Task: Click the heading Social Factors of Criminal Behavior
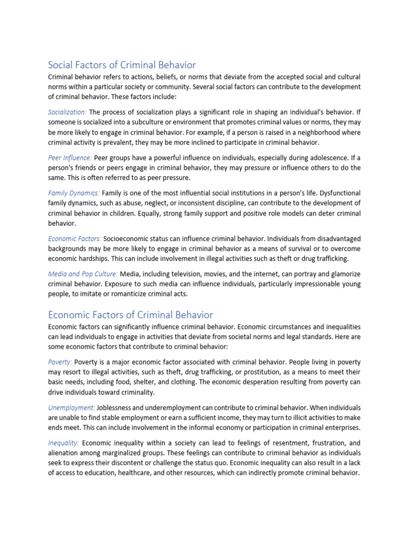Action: [122, 65]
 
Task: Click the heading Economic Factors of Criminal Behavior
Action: [130, 315]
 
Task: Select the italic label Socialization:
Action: [68, 112]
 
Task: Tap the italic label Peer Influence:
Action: [70, 158]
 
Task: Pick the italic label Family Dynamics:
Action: [74, 193]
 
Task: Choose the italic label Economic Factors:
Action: [75, 238]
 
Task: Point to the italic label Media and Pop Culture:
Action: [83, 274]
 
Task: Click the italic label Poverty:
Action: [60, 362]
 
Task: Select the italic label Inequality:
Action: [63, 442]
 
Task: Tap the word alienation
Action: [66, 452]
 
